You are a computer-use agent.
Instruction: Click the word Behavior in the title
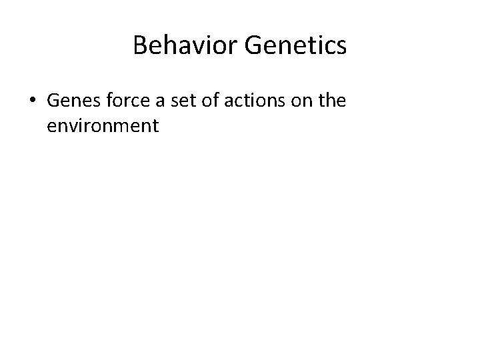click(x=185, y=45)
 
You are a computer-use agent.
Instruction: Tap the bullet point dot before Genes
click(x=32, y=101)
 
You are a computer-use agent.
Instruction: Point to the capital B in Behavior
click(x=140, y=45)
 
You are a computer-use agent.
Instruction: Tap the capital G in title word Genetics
click(x=253, y=45)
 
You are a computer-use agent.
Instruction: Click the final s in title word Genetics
click(x=341, y=46)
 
